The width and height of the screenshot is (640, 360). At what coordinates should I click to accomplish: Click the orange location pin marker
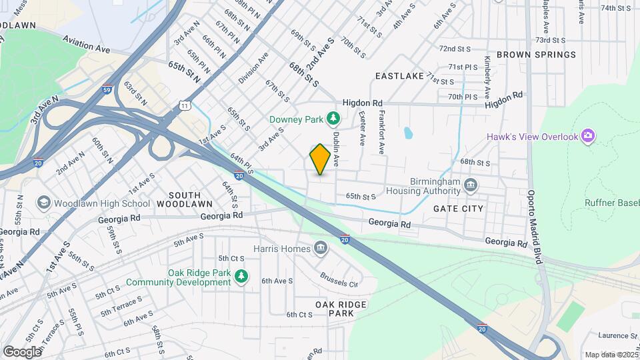pyautogui.click(x=320, y=159)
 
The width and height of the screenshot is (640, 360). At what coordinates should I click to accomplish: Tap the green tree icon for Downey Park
pyautogui.click(x=333, y=119)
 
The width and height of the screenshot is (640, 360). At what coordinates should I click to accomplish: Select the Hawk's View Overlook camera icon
pyautogui.click(x=587, y=137)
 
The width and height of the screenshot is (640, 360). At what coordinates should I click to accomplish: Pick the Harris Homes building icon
pyautogui.click(x=321, y=249)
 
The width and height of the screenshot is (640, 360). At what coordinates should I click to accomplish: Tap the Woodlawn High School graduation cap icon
pyautogui.click(x=43, y=203)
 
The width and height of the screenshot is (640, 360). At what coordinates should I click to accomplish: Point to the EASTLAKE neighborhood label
pyautogui.click(x=399, y=76)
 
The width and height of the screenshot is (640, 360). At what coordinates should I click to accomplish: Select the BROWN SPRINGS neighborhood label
pyautogui.click(x=536, y=55)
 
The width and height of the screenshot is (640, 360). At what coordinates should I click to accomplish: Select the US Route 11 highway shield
pyautogui.click(x=185, y=105)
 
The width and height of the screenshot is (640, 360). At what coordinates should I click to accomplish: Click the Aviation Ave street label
pyautogui.click(x=86, y=46)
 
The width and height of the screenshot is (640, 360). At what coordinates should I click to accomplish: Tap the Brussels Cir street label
pyautogui.click(x=339, y=279)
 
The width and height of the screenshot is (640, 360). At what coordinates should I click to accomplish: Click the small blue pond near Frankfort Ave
pyautogui.click(x=407, y=133)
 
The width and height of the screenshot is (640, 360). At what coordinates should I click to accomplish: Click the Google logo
pyautogui.click(x=22, y=351)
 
